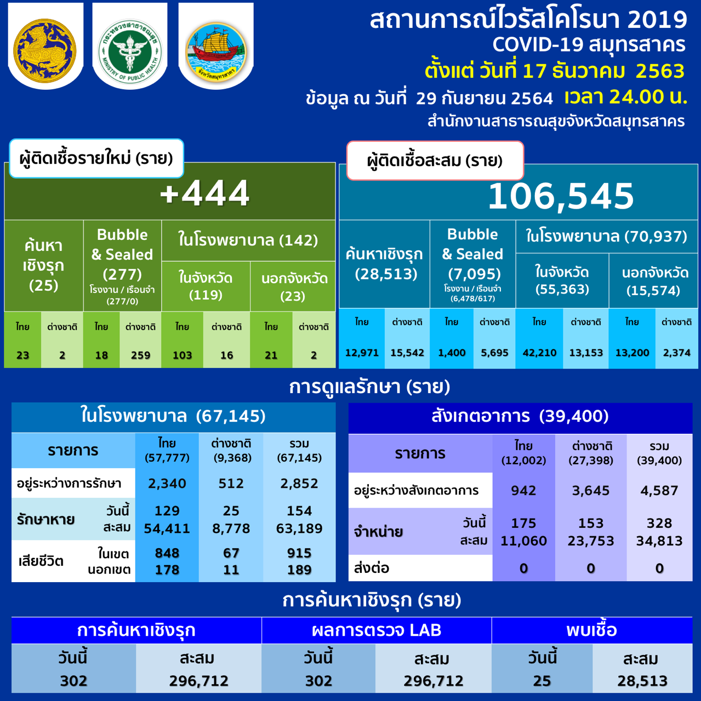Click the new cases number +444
[205, 193]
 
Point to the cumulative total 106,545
[561, 196]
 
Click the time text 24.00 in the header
[629, 97]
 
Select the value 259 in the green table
[140, 355]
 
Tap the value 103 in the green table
[182, 355]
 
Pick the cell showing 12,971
[362, 353]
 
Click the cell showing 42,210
[539, 353]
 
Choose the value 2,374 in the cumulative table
[676, 353]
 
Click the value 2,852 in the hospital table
[299, 484]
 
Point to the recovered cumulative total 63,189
[299, 528]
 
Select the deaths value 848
[167, 553]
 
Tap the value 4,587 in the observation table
[659, 491]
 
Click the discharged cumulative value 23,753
[591, 541]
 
